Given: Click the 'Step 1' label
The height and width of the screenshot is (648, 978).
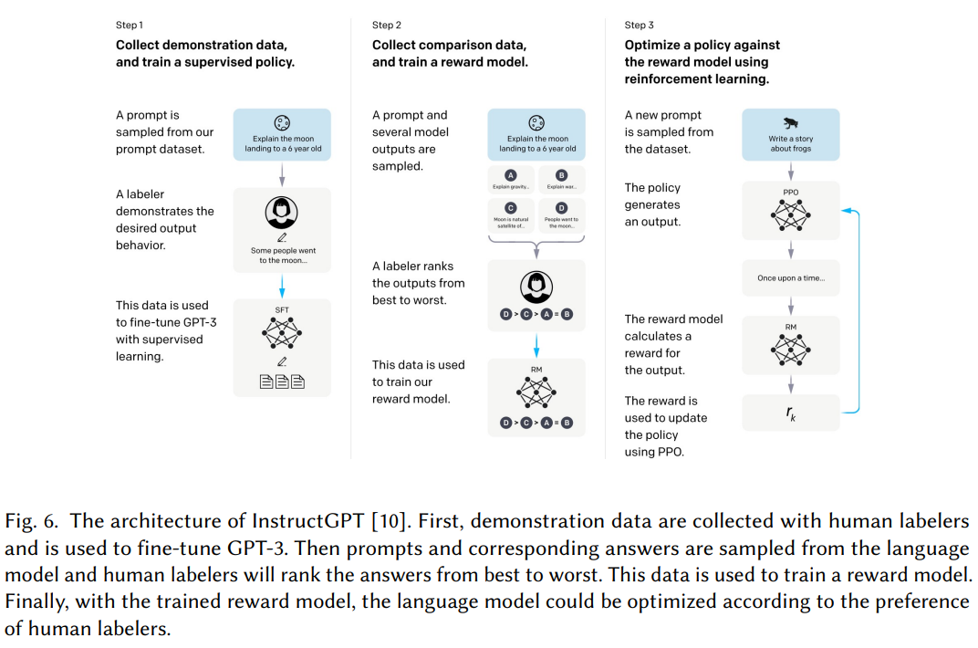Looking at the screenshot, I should point(130,25).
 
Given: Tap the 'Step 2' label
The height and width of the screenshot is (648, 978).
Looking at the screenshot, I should point(387,25).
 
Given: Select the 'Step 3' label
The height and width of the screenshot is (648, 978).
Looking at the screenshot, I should point(640,25).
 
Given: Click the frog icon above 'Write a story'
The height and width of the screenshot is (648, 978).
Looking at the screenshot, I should point(790,122).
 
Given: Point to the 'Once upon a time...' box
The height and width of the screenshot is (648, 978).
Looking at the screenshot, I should point(790,278).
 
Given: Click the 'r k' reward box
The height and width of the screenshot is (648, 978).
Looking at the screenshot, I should point(790,413).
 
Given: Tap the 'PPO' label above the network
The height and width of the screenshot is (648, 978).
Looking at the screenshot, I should point(790,193).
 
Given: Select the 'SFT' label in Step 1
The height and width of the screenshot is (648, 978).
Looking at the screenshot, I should point(282,310).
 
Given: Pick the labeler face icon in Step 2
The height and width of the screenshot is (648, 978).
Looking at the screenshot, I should point(536,287).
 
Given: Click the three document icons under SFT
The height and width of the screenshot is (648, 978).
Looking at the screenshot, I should point(282,382).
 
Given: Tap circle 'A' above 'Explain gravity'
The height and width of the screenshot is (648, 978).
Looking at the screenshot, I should point(510,174).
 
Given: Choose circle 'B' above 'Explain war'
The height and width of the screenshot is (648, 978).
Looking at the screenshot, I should point(561,174).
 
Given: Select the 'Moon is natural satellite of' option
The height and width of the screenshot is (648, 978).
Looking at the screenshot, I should point(511,223).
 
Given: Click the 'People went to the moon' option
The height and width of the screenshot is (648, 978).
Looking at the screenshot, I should point(562,223).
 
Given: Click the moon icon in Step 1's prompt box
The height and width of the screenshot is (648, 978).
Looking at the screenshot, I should point(282,122).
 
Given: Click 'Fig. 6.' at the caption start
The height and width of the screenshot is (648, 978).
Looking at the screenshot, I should point(32,521).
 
